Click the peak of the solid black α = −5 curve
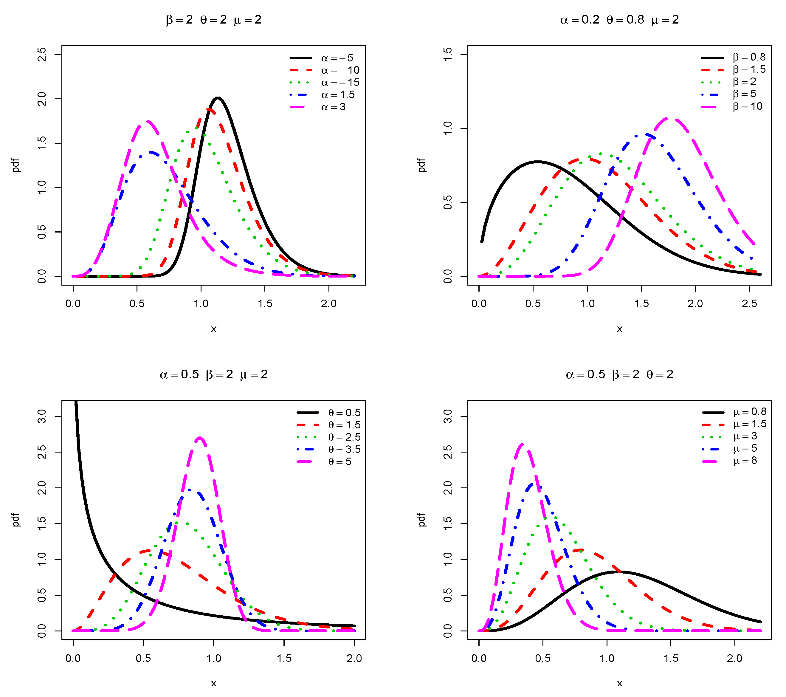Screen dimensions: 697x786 pos(218,98)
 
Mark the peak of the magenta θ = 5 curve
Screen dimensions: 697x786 pos(200,438)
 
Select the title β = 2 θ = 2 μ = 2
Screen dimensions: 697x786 pos(213,20)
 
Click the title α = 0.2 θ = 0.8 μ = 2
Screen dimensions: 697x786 pos(619,20)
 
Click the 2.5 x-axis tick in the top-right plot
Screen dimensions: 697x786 pos(749,303)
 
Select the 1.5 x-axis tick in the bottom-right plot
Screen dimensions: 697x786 pos(671,658)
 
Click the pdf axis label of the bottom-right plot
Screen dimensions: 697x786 pos(422,519)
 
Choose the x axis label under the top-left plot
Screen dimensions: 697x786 pos(213,329)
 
